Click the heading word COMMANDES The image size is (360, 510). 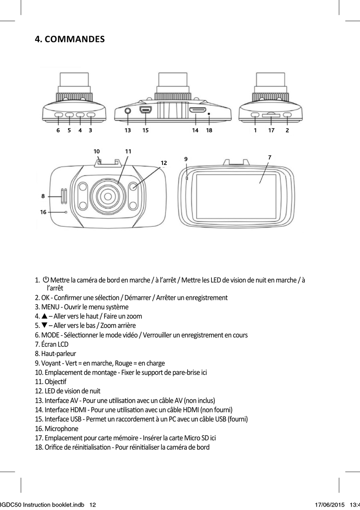coord(75,39)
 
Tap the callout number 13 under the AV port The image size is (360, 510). coord(128,130)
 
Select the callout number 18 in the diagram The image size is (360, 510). coord(209,130)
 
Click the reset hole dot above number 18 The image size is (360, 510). coord(209,114)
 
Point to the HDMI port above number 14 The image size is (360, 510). coord(197,110)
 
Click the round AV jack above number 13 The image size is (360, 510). coord(128,111)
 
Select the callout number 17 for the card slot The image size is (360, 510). coord(271,130)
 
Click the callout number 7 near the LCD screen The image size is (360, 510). coord(270,157)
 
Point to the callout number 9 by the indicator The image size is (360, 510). coord(186,159)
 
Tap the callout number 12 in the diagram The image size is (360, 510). coord(164,163)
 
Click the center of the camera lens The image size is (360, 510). coord(108,196)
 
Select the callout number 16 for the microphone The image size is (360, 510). coord(43,212)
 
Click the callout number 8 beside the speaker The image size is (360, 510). coord(43,196)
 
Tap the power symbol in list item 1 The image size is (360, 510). coord(46,279)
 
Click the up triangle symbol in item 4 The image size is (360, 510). coord(44,316)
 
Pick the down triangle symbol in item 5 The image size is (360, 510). coord(44,325)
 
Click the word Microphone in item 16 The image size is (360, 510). coord(61,429)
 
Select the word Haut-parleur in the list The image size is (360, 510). coord(59,353)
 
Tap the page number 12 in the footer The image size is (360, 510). coord(92,505)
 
